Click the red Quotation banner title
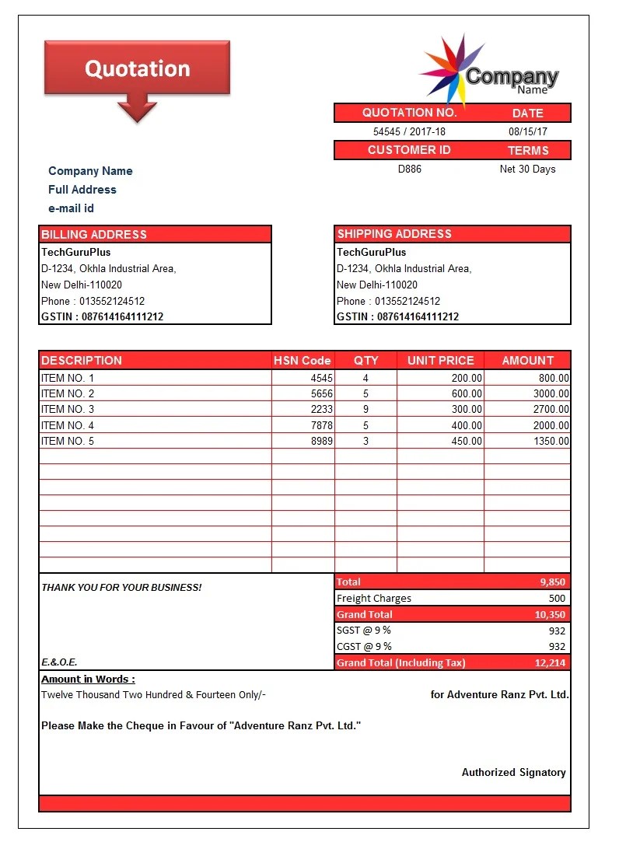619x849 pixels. (x=137, y=68)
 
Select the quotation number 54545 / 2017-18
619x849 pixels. (x=409, y=132)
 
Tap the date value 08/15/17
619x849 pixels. (x=528, y=132)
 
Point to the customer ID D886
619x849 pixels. (x=409, y=169)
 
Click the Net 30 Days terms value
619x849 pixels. (x=527, y=169)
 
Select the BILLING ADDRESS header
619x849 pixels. (x=94, y=234)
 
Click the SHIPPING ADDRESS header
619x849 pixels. (x=394, y=233)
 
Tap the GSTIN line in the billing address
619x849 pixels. (x=102, y=316)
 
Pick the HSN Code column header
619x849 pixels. (x=303, y=360)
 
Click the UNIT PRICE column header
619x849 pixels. (x=440, y=360)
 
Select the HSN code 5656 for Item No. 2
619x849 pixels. (x=321, y=393)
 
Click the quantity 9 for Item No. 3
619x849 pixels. (x=365, y=409)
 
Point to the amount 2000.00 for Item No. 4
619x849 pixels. (x=551, y=425)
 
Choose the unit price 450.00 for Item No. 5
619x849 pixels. (x=466, y=441)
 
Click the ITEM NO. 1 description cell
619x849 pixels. (x=68, y=378)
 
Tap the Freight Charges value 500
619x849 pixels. (x=557, y=598)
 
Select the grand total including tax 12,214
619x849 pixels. (x=550, y=662)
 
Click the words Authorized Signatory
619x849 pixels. (x=513, y=772)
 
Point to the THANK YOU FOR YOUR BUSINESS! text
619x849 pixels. (x=121, y=587)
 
